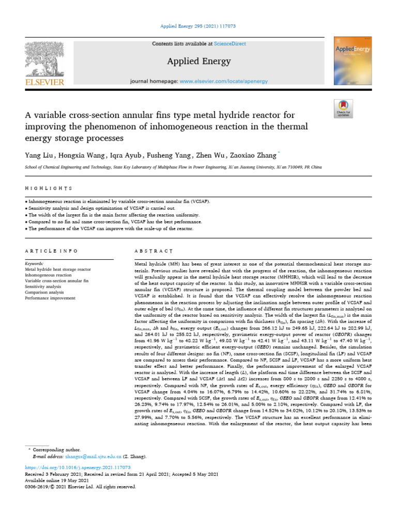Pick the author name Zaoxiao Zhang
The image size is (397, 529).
click(251, 155)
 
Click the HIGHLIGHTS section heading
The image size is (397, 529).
click(49, 189)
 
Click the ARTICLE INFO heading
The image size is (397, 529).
click(50, 251)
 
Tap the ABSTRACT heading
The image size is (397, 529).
click(153, 251)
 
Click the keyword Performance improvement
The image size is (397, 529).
click(50, 298)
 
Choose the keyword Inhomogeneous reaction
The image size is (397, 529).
click(49, 275)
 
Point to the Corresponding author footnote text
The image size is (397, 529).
click(56, 450)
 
